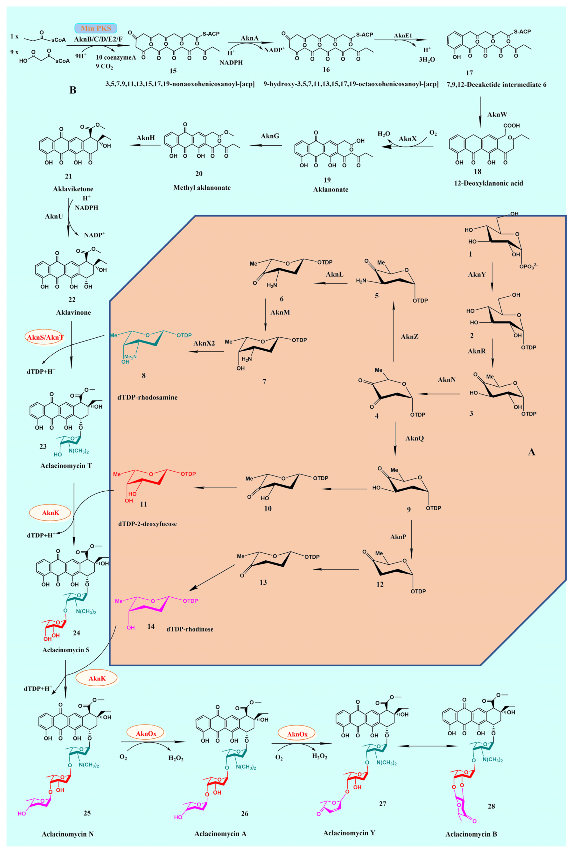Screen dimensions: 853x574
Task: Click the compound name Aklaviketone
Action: click(68, 189)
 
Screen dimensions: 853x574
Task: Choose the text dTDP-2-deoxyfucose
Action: click(147, 524)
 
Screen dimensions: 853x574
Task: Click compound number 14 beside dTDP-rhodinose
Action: click(151, 626)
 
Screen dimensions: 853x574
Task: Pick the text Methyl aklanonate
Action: click(202, 188)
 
